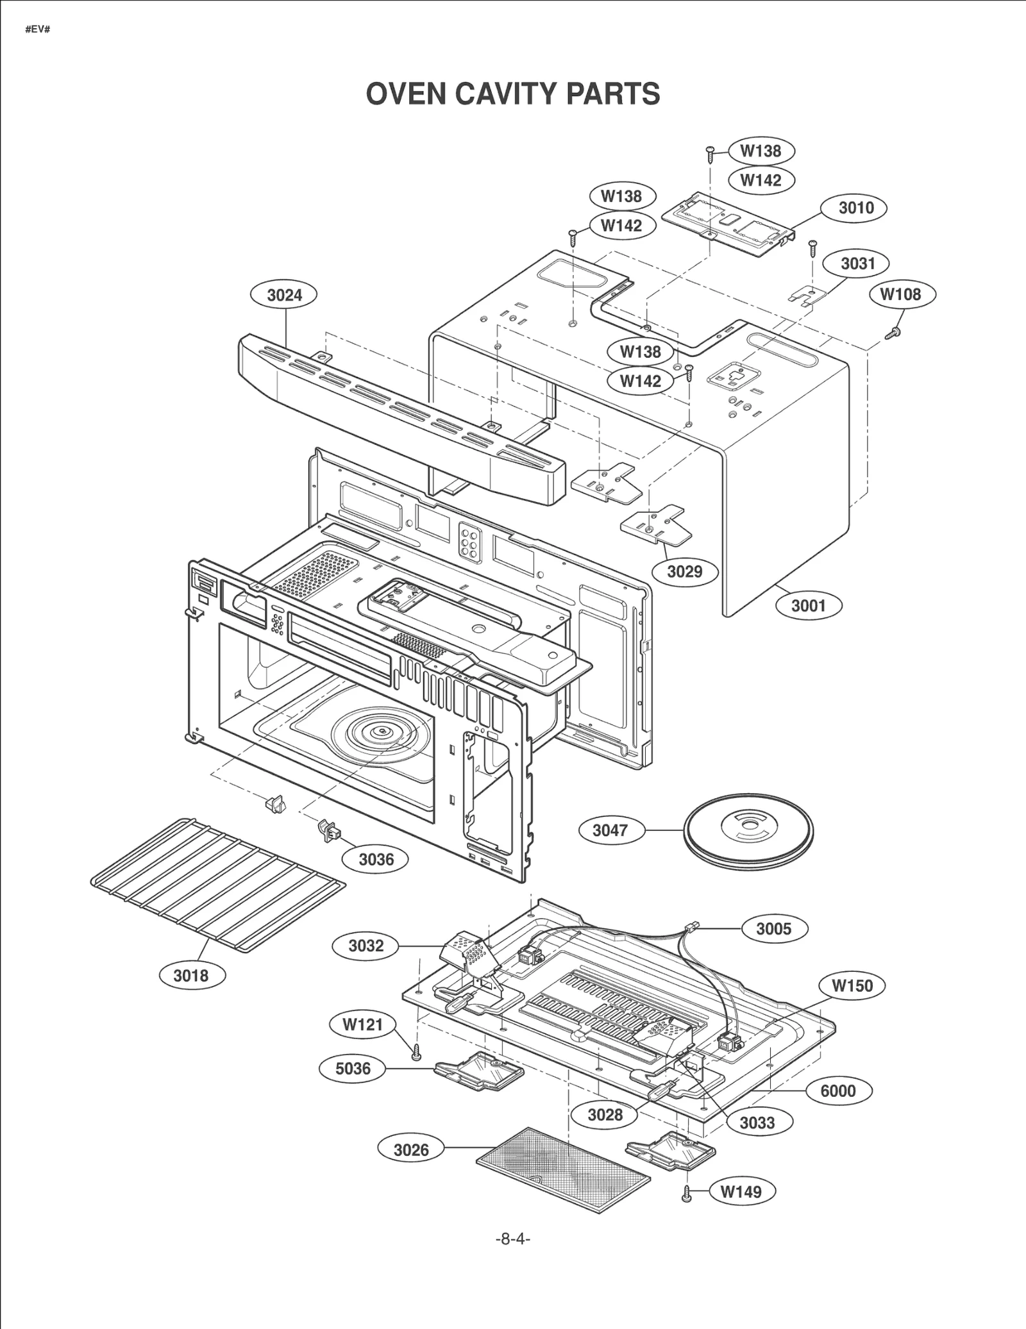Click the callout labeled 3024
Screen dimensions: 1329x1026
click(x=284, y=296)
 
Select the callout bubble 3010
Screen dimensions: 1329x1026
click(x=855, y=208)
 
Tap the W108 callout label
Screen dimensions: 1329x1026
click(x=902, y=294)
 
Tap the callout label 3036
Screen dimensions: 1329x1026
click(x=376, y=860)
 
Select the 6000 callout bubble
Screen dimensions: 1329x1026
click(x=837, y=1091)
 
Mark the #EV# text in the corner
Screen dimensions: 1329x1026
click(x=37, y=29)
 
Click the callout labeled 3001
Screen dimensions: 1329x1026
click(x=808, y=605)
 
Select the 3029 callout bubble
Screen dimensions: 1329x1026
click(x=684, y=571)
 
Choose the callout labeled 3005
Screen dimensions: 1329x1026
click(x=773, y=929)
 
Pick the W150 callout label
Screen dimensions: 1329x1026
click(x=852, y=985)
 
